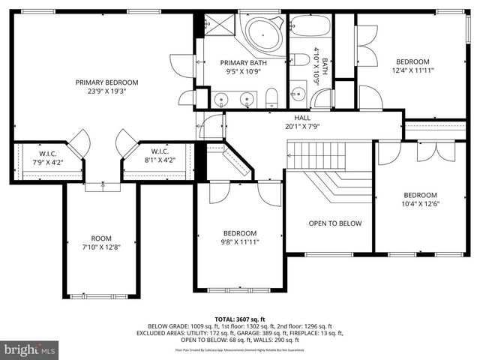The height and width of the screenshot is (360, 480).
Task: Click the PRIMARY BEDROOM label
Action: click(106, 82)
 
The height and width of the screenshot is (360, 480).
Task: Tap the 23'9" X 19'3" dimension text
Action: click(106, 92)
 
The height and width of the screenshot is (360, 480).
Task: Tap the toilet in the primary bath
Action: click(272, 97)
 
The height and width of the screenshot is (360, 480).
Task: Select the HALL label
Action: click(302, 118)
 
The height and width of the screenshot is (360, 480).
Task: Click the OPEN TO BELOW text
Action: click(334, 223)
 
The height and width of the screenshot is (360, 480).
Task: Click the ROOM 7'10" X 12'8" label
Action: click(100, 242)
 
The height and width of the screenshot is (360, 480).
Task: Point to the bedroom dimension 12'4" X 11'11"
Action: click(412, 70)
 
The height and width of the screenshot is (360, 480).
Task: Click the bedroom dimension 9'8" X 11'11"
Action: click(240, 241)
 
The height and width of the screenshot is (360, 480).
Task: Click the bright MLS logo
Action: click(30, 349)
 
